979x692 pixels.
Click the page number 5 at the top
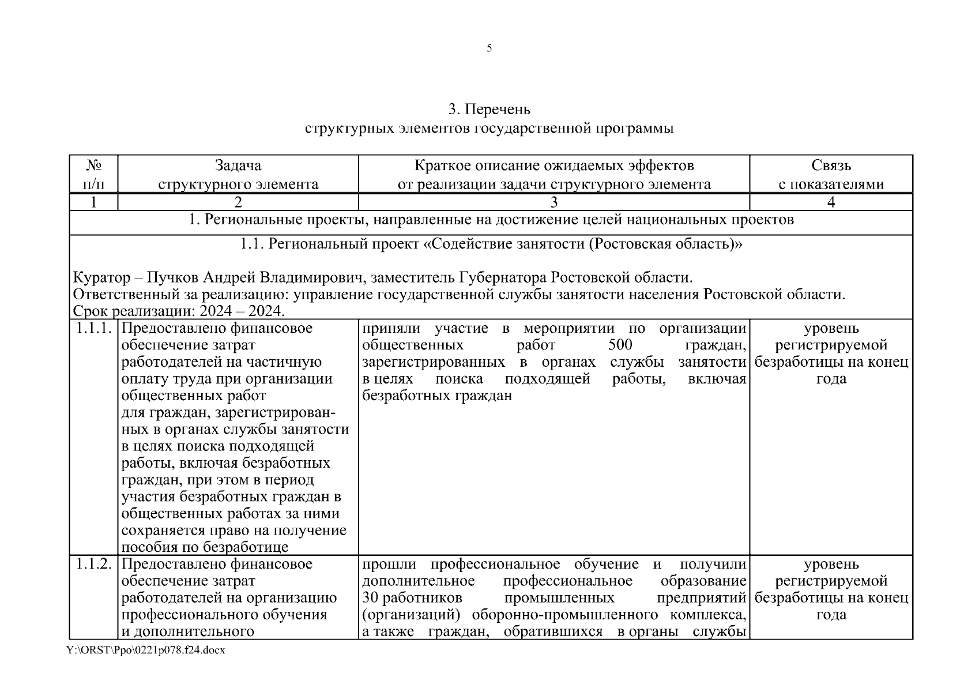pyautogui.click(x=489, y=48)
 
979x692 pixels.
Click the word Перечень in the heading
pyautogui.click(x=498, y=109)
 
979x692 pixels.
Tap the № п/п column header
pyautogui.click(x=93, y=175)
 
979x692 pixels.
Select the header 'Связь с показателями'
pyautogui.click(x=831, y=175)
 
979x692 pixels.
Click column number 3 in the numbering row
pyautogui.click(x=554, y=202)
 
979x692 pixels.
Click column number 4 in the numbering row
pyautogui.click(x=831, y=202)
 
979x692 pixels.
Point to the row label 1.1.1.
pyautogui.click(x=93, y=329)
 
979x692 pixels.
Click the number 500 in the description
pyautogui.click(x=620, y=345)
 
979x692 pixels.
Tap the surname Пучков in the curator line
pyautogui.click(x=172, y=278)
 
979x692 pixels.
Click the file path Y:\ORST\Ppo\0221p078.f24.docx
pyautogui.click(x=145, y=650)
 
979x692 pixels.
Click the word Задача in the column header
pyautogui.click(x=238, y=166)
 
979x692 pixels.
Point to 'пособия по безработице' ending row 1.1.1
pyautogui.click(x=205, y=547)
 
